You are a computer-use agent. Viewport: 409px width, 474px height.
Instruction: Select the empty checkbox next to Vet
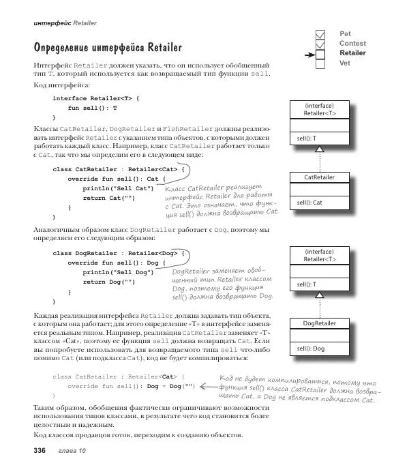(321, 64)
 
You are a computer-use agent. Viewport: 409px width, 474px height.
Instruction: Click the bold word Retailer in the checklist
(352, 53)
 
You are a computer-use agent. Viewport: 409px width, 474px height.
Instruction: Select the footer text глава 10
(72, 451)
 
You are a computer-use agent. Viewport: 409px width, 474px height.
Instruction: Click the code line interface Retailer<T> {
(96, 98)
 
